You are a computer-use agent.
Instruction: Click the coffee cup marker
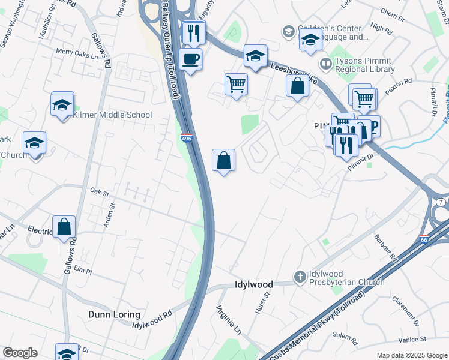191,59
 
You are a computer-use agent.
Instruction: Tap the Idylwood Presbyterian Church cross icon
300,277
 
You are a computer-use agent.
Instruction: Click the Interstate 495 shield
186,139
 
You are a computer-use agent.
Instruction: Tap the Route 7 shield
441,202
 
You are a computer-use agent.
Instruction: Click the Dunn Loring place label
113,314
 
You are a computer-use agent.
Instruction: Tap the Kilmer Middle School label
113,115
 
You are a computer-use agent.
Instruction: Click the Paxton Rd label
399,82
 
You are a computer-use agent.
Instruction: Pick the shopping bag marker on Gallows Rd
64,227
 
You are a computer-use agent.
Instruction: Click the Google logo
20,353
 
